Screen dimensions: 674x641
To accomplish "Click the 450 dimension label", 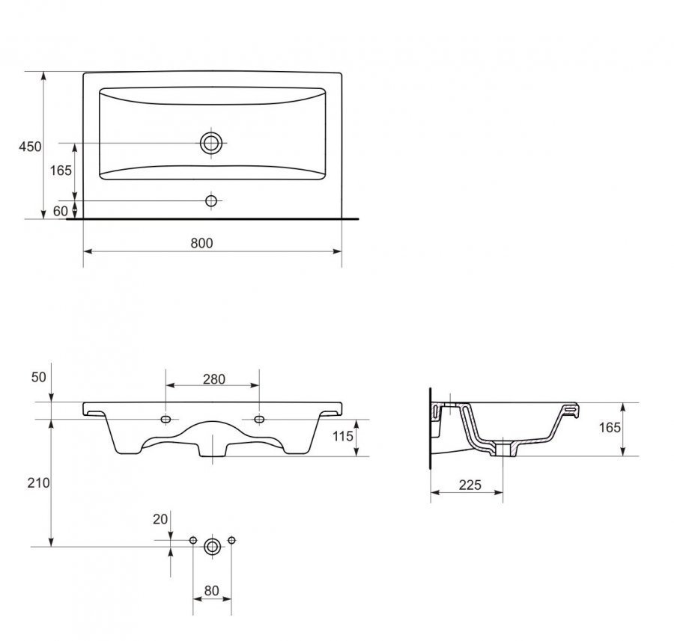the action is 30,147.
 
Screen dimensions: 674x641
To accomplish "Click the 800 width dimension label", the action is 201,243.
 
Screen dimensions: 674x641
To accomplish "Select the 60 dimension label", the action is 61,211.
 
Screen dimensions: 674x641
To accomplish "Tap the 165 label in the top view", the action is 61,171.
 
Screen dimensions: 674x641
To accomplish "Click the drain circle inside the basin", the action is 211,143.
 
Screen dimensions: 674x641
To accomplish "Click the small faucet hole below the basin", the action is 211,200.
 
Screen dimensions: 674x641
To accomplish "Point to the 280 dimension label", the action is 214,379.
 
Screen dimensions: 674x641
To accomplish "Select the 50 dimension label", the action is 39,377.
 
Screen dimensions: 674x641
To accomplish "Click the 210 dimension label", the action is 39,483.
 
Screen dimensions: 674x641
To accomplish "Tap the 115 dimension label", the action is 342,436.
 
